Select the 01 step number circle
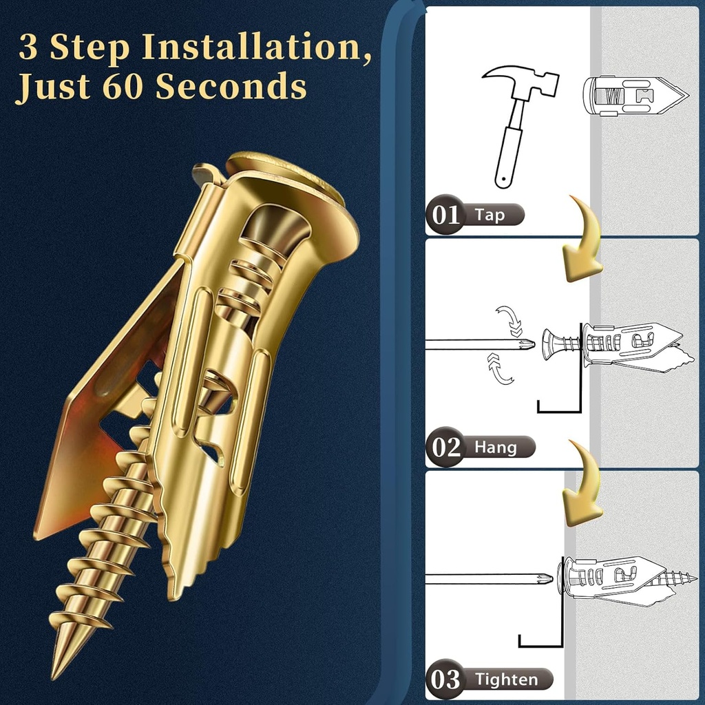(x=445, y=215)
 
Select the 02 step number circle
(x=445, y=448)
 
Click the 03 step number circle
(x=445, y=680)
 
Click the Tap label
(x=490, y=215)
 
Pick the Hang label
(x=495, y=448)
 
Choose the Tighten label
(x=506, y=680)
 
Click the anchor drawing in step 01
(x=633, y=95)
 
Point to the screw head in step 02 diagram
(x=551, y=344)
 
